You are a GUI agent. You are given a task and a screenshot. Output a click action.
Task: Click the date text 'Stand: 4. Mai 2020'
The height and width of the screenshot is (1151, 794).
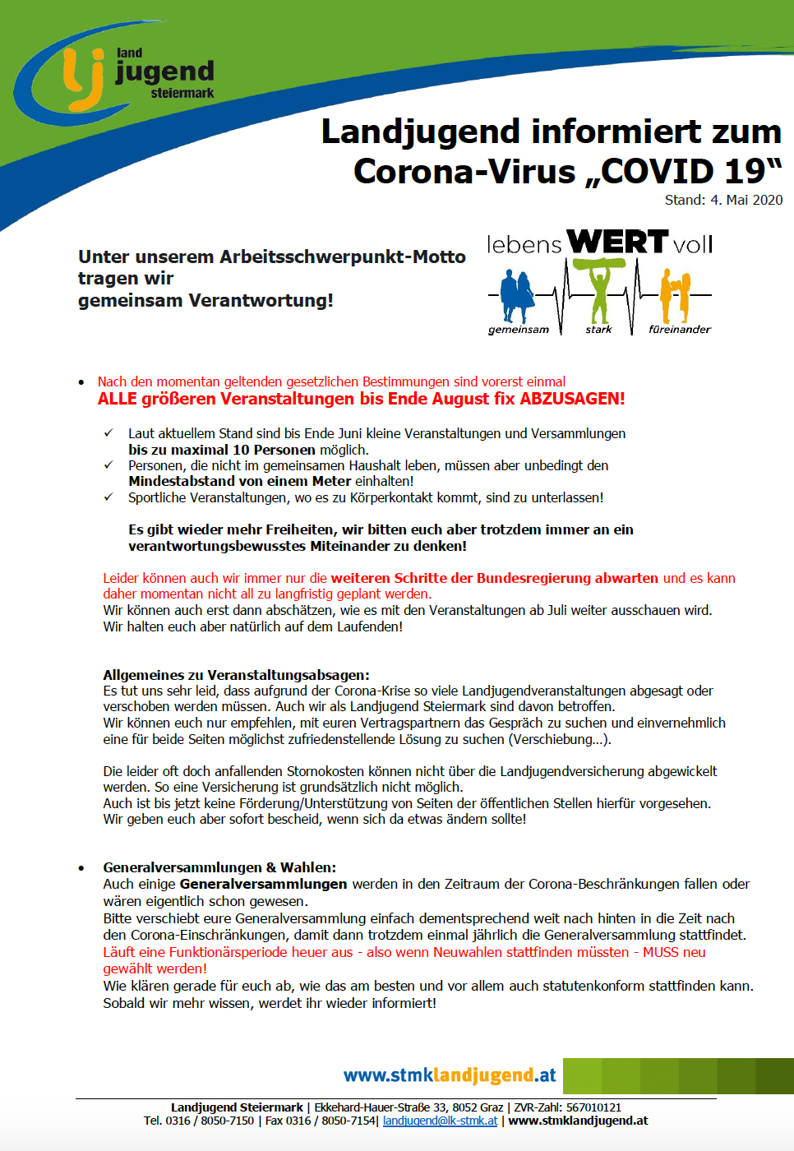click(723, 200)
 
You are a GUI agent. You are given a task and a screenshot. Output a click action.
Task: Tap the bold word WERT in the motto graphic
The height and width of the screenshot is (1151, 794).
click(617, 242)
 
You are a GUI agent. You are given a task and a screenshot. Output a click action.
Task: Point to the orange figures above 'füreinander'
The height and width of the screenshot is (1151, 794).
click(675, 296)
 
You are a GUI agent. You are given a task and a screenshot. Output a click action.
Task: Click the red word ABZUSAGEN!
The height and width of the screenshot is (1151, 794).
click(573, 399)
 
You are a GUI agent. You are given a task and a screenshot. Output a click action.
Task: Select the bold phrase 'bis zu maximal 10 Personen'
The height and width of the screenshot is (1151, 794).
click(222, 450)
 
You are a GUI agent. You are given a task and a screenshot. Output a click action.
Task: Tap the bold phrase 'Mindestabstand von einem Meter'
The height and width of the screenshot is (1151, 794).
click(240, 481)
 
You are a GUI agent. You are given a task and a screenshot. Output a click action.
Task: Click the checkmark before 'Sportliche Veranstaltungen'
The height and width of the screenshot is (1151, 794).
click(108, 497)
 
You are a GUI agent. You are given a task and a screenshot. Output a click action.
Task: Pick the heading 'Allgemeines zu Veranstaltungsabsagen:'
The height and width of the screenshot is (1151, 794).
click(236, 675)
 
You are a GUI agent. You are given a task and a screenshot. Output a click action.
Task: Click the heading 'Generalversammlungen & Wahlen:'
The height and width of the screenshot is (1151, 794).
click(219, 867)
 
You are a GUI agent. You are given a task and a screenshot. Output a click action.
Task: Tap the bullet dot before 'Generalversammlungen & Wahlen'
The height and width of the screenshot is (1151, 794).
click(81, 868)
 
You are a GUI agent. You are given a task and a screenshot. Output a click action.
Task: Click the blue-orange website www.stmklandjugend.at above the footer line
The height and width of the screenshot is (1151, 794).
click(450, 1075)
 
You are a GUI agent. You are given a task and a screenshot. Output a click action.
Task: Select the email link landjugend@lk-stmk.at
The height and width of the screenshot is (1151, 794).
click(440, 1121)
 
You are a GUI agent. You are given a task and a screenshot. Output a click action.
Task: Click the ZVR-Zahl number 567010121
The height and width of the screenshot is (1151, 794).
click(593, 1107)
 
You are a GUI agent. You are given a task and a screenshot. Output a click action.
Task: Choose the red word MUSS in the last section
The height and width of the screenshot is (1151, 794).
click(661, 952)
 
